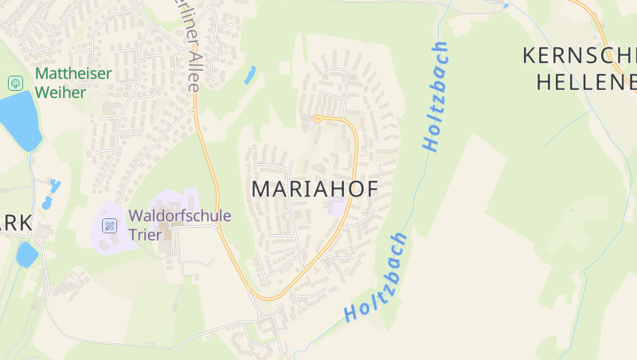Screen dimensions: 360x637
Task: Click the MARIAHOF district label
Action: [x=314, y=189]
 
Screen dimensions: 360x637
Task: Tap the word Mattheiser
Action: [x=74, y=73]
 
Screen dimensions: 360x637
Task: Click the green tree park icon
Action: [x=15, y=82]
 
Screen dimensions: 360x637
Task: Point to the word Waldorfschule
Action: [x=180, y=215]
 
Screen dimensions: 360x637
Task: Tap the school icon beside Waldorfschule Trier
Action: [x=110, y=225]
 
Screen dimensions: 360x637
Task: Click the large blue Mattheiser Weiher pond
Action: [x=21, y=119]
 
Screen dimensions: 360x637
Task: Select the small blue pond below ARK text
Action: [x=26, y=255]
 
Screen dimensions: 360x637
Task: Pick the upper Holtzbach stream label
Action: [x=436, y=96]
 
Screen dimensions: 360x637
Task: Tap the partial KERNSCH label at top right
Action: [x=580, y=56]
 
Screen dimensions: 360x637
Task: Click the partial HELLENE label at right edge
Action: [x=587, y=80]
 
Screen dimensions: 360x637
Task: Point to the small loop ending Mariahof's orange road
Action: [x=318, y=119]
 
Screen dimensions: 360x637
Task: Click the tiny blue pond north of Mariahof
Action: [x=251, y=75]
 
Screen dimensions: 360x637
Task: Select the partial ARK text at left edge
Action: [x=16, y=224]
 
